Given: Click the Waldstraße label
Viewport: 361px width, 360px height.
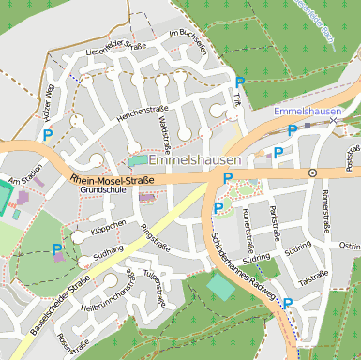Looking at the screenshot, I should [163, 134].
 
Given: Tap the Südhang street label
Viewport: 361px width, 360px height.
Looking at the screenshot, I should [109, 252].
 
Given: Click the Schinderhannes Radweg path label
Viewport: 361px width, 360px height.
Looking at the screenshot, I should [241, 270].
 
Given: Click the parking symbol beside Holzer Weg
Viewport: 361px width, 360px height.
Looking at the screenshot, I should [47, 135].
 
